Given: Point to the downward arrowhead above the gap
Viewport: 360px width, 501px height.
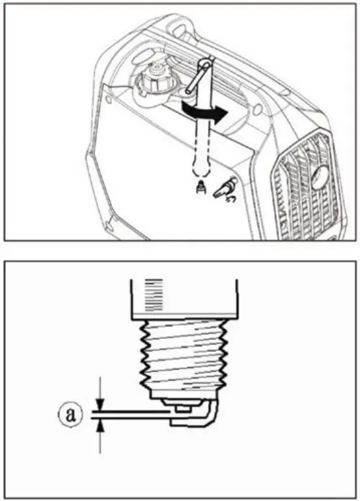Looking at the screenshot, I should click(x=100, y=405).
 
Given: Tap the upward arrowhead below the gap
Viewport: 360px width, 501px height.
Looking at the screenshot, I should click(x=100, y=425).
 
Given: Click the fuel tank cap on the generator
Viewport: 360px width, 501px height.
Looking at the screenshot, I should click(x=157, y=77).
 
